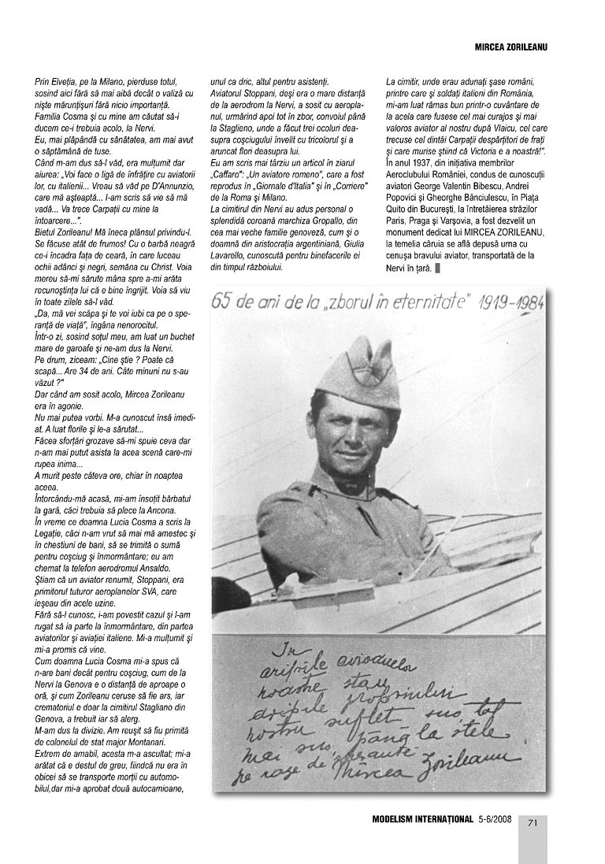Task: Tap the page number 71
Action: [x=533, y=822]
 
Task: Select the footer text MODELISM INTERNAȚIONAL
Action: [x=421, y=819]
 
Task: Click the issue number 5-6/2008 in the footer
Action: [x=495, y=819]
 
